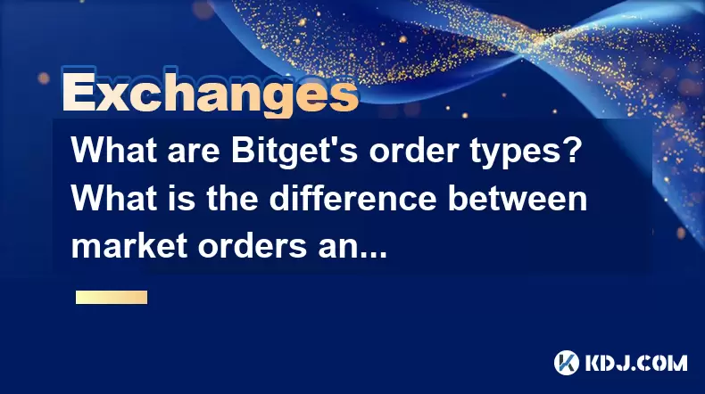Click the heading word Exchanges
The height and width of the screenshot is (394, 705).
pos(211,94)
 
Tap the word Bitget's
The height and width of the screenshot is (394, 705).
pos(294,151)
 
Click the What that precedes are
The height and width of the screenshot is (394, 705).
pos(113,151)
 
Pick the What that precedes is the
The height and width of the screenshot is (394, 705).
pos(113,199)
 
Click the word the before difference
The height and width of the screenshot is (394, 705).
pos(232,199)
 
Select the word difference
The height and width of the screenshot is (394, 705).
pos(353,198)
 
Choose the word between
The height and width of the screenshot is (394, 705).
pos(518,199)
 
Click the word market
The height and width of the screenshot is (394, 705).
pos(129,246)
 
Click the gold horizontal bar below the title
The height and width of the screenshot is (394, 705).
pos(112,298)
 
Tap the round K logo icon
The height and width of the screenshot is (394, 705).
pos(567,363)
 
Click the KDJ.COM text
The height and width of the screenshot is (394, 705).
pos(635,363)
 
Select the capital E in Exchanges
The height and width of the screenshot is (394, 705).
pos(79,94)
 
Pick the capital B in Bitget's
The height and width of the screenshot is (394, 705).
pos(242,151)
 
